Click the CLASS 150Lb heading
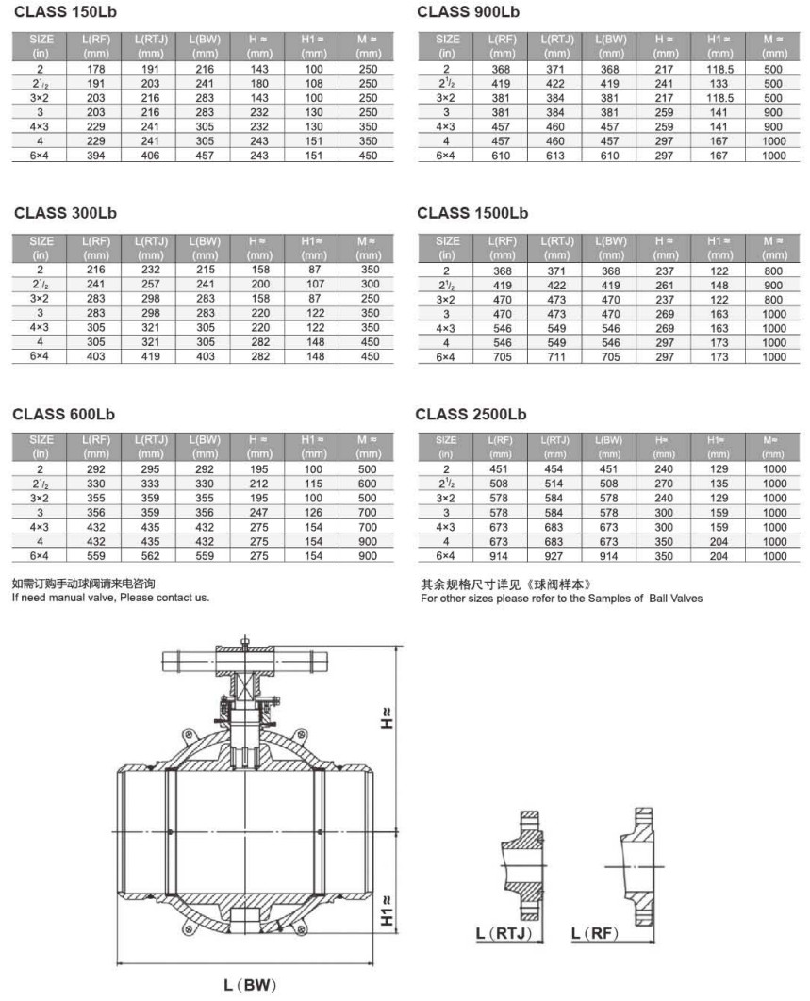click(67, 12)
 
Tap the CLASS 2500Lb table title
click(471, 414)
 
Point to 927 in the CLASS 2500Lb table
click(557, 556)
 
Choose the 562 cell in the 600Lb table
click(151, 555)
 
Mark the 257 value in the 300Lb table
click(151, 284)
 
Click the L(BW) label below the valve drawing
click(250, 986)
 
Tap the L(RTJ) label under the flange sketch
click(505, 933)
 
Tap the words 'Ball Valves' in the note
click(675, 598)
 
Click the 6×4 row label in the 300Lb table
click(41, 356)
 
